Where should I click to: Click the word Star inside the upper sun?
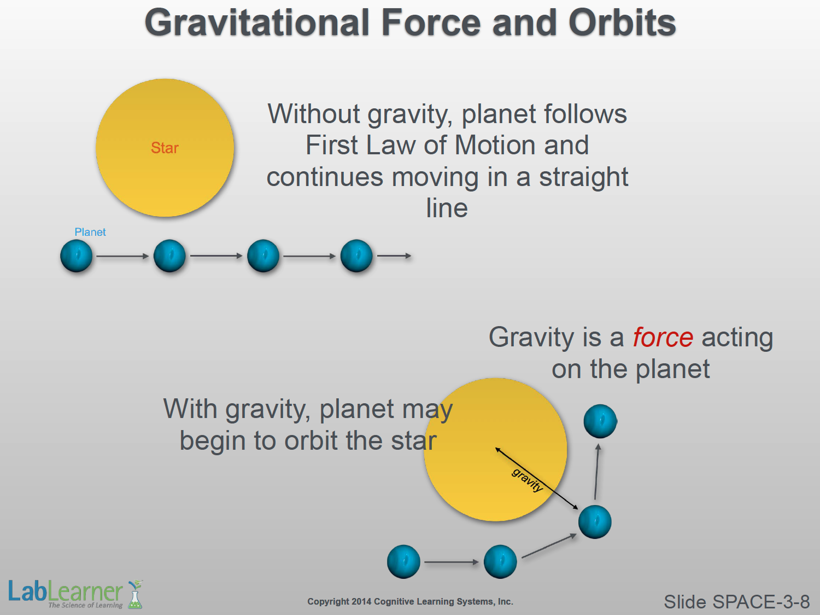[165, 148]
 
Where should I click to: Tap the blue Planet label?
[90, 232]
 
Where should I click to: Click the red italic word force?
[663, 337]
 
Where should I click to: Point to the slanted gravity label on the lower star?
[527, 480]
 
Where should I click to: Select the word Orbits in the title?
[622, 22]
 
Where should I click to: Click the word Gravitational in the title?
[257, 22]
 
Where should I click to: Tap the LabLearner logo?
[75, 594]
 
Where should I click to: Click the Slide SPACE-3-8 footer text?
[737, 602]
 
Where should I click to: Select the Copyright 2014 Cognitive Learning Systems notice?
[410, 601]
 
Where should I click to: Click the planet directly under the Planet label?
[76, 256]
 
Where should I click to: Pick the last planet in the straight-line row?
[356, 256]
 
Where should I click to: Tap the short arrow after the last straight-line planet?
[395, 256]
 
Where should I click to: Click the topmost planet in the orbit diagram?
[600, 421]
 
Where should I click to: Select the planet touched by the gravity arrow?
[595, 522]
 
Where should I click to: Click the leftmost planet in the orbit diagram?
[403, 562]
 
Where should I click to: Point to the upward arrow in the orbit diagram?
[596, 472]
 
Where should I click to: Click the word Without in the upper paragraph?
[314, 114]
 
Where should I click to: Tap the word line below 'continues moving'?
[447, 208]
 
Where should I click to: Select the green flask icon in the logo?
[135, 594]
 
